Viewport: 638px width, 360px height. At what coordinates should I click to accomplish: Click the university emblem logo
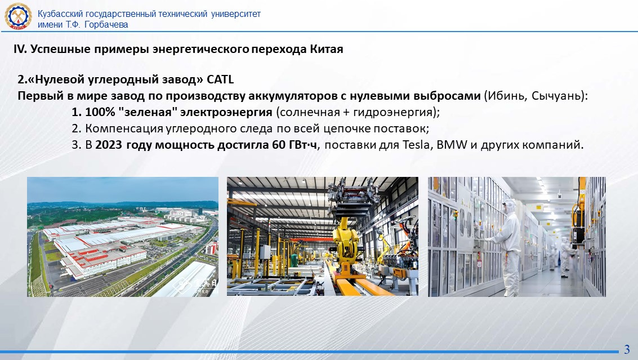(x=18, y=16)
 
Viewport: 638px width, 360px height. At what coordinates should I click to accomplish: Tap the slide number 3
(x=627, y=349)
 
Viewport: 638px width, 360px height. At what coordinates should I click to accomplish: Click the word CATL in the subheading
(x=220, y=79)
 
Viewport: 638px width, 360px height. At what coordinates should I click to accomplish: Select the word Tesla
(x=417, y=145)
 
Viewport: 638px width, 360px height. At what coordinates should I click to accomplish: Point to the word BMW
(x=451, y=145)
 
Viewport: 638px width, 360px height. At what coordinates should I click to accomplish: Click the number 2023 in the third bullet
(x=109, y=145)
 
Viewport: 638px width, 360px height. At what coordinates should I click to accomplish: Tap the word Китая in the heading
(x=327, y=49)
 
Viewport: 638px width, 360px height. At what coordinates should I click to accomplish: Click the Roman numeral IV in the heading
(x=20, y=49)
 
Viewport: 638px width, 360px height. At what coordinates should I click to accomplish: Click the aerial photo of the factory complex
(x=122, y=237)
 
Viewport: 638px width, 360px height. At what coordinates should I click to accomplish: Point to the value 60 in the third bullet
(x=279, y=145)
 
